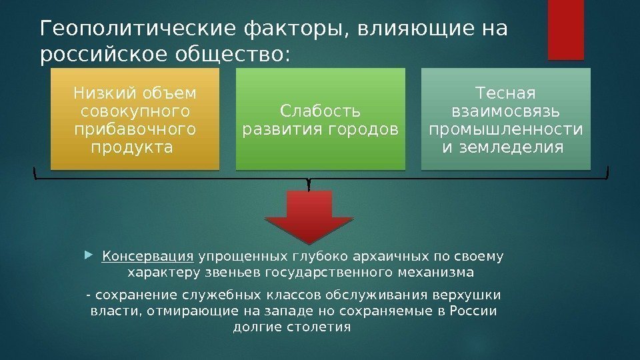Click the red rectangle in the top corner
coord(566,29)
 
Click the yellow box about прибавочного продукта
coord(135,117)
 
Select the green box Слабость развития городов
coord(320,117)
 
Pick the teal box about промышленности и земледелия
coord(505,117)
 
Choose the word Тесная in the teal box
coord(505,91)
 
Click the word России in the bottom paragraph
coord(476,311)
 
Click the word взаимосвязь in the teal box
coord(505,109)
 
